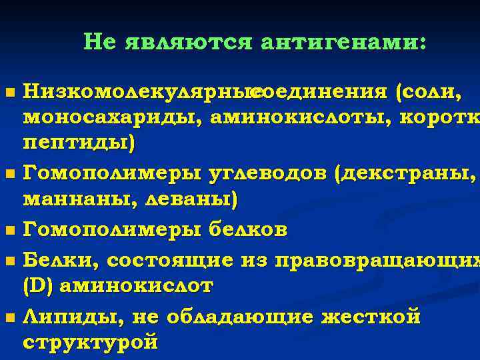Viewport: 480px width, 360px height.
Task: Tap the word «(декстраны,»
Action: pyautogui.click(x=407, y=174)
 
